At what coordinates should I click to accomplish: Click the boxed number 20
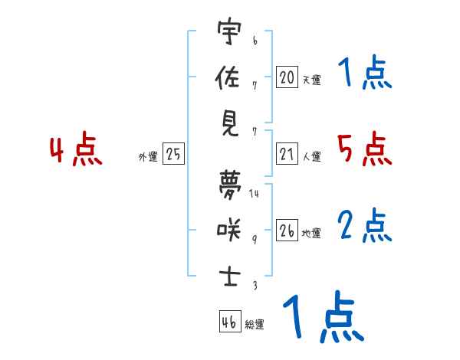click(287, 77)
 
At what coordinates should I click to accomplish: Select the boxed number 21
click(287, 155)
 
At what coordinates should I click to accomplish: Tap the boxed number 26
click(287, 231)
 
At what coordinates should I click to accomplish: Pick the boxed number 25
click(173, 155)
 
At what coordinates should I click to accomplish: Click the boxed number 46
click(229, 322)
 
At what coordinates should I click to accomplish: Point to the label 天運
click(311, 80)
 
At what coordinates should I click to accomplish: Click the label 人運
click(311, 157)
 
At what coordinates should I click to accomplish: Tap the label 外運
click(148, 157)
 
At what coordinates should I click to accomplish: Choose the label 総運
click(255, 325)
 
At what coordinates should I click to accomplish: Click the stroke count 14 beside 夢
click(254, 194)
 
